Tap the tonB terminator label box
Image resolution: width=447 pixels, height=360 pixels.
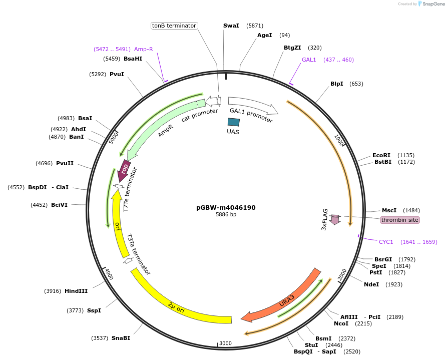click(174, 26)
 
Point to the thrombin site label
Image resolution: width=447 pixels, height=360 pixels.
click(399, 220)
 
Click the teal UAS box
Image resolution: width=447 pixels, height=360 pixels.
click(233, 122)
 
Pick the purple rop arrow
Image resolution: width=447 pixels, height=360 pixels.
click(124, 171)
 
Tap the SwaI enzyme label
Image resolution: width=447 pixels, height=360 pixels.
click(231, 26)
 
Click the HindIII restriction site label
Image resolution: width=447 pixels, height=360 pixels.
click(76, 291)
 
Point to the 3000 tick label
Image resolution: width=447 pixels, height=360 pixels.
click(225, 343)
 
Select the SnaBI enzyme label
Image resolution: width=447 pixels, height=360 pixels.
click(121, 338)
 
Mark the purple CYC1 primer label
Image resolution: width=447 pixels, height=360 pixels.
click(386, 242)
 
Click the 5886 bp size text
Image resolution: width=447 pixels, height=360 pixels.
click(226, 215)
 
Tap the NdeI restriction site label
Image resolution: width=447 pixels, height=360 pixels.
click(371, 284)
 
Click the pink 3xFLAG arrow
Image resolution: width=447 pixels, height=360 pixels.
click(335, 219)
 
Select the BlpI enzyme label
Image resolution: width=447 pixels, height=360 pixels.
click(336, 84)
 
